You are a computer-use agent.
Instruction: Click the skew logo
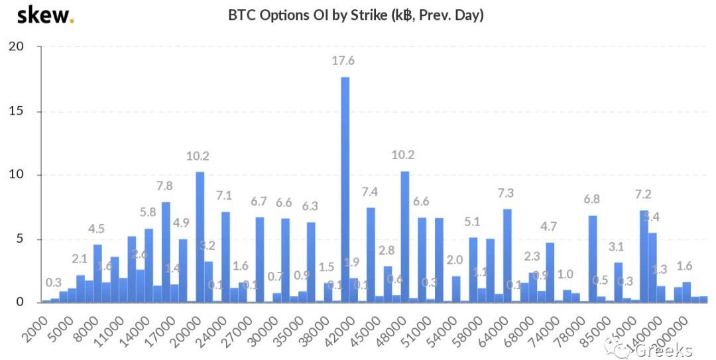(x=45, y=15)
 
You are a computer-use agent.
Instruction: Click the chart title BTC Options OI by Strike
(x=356, y=15)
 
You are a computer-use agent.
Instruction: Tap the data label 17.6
(x=343, y=61)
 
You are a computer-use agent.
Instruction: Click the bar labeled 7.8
(x=166, y=252)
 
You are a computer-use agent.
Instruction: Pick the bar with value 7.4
(x=371, y=255)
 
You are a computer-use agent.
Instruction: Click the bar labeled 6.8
(x=593, y=259)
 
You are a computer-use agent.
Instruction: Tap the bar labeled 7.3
(x=507, y=256)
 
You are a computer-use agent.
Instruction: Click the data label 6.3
(x=310, y=206)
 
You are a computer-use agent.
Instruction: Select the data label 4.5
(x=97, y=229)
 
